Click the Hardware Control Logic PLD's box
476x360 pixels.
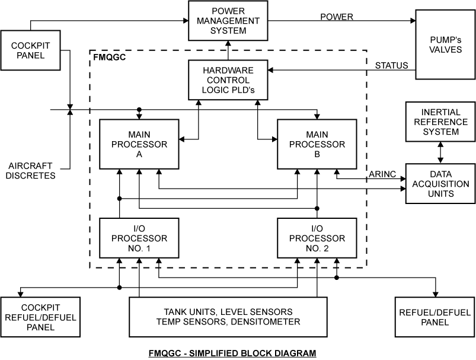228,79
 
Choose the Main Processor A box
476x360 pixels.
139,145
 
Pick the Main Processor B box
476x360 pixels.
317,145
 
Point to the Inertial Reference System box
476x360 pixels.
440,122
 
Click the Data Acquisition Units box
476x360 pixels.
440,184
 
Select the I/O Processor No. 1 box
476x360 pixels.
139,238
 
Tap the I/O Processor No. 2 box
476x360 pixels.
317,238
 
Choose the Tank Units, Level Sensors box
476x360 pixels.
228,317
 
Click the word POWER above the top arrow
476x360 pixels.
337,17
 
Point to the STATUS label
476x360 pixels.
392,65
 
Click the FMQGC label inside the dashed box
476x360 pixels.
110,59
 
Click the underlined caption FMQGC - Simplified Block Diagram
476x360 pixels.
232,353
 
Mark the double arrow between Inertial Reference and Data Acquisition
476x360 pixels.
440,152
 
